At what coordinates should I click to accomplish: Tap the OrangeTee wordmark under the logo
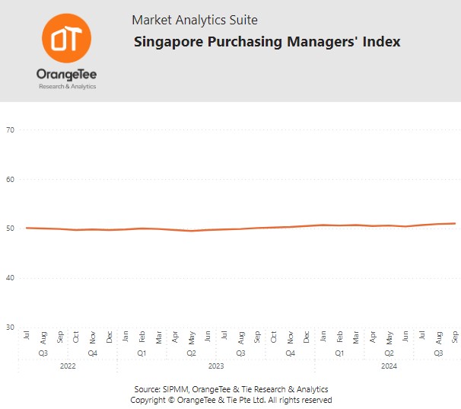(x=66, y=75)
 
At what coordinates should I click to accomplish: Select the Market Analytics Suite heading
(x=195, y=20)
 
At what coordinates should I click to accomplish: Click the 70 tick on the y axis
(x=11, y=130)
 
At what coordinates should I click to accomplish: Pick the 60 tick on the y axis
(x=11, y=180)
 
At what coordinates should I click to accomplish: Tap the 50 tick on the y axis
(x=11, y=228)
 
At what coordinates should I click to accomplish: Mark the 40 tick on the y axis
(x=11, y=278)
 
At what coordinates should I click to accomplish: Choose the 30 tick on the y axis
(x=11, y=328)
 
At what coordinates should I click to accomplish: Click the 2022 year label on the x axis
(x=68, y=366)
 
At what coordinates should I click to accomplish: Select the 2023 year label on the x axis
(x=216, y=366)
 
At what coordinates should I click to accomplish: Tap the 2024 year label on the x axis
(x=389, y=366)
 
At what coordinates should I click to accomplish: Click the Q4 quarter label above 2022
(x=92, y=353)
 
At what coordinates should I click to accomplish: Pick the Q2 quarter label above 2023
(x=192, y=353)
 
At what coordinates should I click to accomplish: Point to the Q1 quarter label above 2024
(x=339, y=353)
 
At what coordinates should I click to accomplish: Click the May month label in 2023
(x=192, y=337)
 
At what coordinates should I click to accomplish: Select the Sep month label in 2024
(x=455, y=337)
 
